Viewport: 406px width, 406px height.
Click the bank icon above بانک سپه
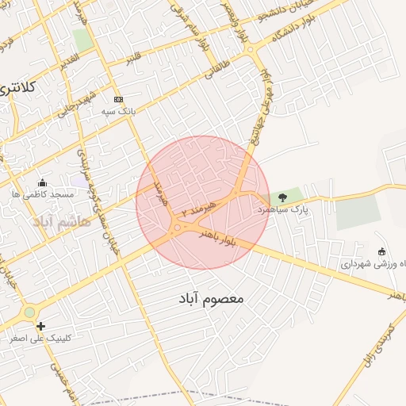coord(118,99)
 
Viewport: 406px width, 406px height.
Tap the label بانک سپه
coord(118,112)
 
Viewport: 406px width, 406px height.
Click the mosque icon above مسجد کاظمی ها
coord(42,182)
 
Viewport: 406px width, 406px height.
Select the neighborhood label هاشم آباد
coord(63,221)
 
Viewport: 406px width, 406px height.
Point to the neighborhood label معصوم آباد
coord(209,299)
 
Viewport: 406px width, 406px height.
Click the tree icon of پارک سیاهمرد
coord(283,197)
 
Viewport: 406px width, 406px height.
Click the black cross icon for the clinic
coord(40,325)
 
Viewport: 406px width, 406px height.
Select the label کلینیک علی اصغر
coord(40,338)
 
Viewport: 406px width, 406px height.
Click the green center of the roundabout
coord(29,312)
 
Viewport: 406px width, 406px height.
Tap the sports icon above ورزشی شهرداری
coord(382,251)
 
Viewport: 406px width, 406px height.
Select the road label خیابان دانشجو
coord(325,8)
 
